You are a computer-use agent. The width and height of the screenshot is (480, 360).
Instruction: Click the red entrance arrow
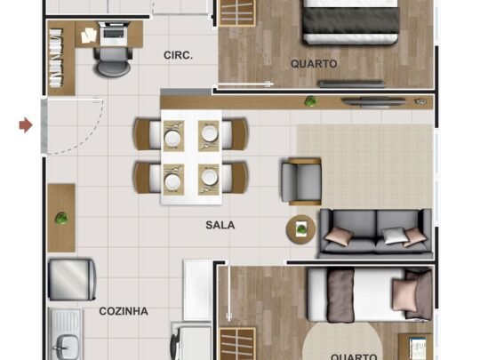(x=26, y=125)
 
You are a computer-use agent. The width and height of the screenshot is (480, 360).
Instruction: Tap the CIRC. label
(x=178, y=55)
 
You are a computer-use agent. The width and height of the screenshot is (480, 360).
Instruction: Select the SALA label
(x=220, y=225)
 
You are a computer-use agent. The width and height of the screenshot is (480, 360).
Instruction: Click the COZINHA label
(x=124, y=311)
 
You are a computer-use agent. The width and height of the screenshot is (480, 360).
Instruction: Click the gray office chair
(x=113, y=61)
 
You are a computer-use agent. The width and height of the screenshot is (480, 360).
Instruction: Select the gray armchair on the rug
(x=301, y=181)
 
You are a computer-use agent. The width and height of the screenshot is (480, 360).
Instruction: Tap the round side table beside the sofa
(x=301, y=229)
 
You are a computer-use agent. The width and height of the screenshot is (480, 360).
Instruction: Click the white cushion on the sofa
(x=393, y=236)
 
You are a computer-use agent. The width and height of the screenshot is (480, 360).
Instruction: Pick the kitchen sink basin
(x=67, y=347)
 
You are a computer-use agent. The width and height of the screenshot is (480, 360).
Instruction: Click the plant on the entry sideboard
(x=61, y=219)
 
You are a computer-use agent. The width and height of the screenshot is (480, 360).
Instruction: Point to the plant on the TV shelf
(x=311, y=101)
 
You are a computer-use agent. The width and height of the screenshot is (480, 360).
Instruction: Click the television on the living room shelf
(x=373, y=102)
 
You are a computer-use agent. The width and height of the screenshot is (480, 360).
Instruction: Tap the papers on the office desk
(x=89, y=36)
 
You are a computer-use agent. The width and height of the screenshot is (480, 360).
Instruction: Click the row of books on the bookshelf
(x=56, y=58)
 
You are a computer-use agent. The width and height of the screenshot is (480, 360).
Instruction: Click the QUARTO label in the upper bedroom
(x=314, y=64)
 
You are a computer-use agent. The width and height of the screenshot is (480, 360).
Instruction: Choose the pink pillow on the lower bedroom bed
(x=404, y=295)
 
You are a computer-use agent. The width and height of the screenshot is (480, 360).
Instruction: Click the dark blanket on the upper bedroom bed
(x=351, y=20)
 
